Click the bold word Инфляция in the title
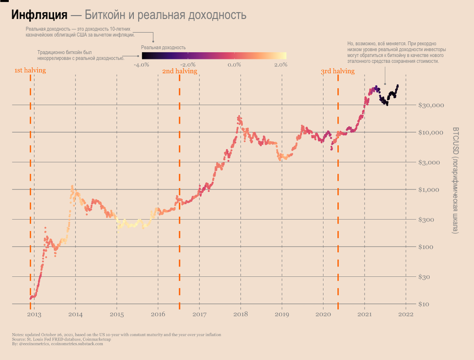tap(39, 15)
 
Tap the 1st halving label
tap(30, 71)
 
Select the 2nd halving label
tap(180, 71)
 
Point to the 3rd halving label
tap(338, 71)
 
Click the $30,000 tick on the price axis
tap(431, 105)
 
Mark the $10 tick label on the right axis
tap(425, 304)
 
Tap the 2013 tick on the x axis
tap(34, 315)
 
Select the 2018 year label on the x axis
tap(240, 315)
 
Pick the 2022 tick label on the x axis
tap(406, 315)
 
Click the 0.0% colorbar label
tap(235, 65)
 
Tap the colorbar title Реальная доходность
tap(163, 48)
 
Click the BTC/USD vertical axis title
tap(456, 180)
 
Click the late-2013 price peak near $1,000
tap(73, 187)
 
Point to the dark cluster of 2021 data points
tap(388, 97)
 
